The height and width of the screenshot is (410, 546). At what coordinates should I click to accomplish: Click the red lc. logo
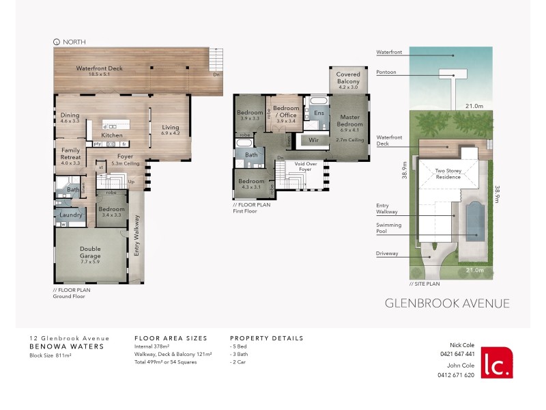click(496, 363)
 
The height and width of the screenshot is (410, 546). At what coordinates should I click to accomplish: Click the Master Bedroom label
click(349, 121)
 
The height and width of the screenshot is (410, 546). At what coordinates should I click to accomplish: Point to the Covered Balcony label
click(348, 79)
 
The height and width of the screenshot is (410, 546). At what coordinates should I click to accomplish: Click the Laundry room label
click(70, 215)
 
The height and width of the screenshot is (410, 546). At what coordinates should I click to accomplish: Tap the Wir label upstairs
click(314, 139)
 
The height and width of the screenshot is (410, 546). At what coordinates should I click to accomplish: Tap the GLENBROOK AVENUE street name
click(447, 303)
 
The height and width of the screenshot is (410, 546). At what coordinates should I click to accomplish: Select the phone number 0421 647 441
click(457, 353)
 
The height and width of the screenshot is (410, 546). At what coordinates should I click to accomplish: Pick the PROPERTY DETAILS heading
click(266, 338)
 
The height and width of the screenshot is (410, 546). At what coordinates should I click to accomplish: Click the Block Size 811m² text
click(52, 355)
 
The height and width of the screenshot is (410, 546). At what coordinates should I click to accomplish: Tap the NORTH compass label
click(74, 42)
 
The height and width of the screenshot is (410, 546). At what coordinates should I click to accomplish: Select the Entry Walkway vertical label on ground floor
click(137, 235)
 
